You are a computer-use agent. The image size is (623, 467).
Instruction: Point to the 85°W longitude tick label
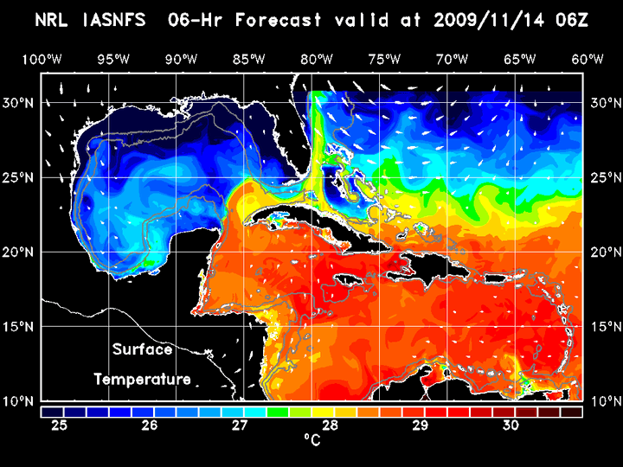(x=248, y=59)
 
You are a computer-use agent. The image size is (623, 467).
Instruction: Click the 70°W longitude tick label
(x=452, y=59)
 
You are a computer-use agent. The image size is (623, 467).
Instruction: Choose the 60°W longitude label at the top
(x=588, y=59)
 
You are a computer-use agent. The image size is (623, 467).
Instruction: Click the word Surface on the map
(x=142, y=349)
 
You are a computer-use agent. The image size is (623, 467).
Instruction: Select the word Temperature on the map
(x=142, y=379)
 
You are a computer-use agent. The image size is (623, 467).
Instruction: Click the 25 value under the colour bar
(x=60, y=425)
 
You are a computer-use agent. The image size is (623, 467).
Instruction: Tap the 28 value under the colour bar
(x=331, y=425)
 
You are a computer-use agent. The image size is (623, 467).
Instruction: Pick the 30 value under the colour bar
(x=511, y=425)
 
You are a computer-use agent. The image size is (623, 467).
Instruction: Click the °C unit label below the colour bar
(x=311, y=441)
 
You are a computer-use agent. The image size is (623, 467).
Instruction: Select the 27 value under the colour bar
(x=240, y=425)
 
